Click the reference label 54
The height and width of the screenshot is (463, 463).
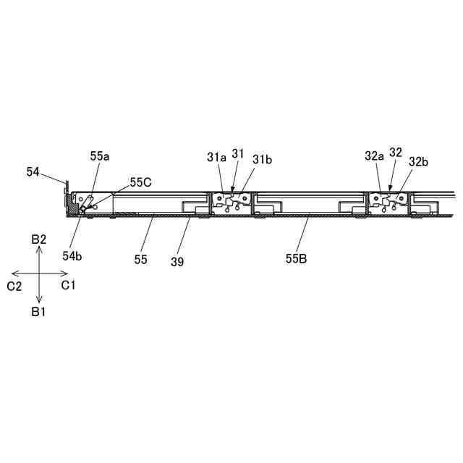point(33,171)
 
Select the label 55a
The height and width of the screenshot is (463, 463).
point(101,156)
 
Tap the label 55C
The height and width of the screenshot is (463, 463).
point(141,182)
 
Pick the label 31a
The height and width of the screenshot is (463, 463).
point(216,157)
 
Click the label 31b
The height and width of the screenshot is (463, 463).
point(262,160)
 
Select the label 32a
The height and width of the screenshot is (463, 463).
point(374,156)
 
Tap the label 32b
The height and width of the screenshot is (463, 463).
point(419,162)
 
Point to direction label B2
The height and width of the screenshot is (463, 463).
point(39,239)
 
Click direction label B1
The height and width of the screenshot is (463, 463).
point(39,311)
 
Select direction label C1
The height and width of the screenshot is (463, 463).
point(69,286)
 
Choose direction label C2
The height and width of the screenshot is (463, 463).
point(14,286)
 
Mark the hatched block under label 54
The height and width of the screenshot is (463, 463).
point(74,205)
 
